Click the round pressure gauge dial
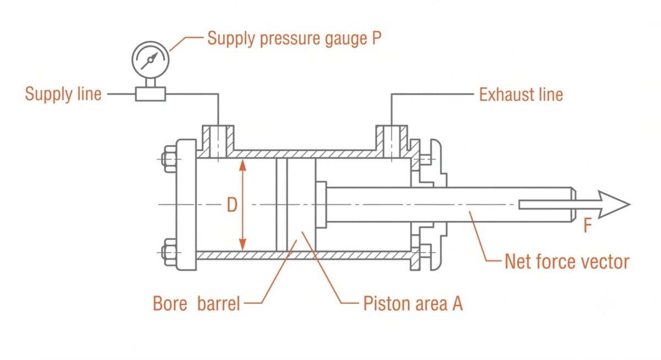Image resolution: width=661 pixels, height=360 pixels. tap(150, 60)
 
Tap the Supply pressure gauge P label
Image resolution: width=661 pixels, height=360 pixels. tap(294, 39)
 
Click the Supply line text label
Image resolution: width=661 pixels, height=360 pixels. tap(63, 94)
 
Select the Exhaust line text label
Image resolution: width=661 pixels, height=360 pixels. tap(521, 94)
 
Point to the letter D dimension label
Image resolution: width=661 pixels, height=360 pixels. tap(232, 205)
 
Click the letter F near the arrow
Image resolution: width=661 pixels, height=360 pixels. tap(588, 225)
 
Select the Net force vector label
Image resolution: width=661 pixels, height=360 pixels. tap(567, 261)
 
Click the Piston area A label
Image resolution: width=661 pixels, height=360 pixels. tap(413, 303)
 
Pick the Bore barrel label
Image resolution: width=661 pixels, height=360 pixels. tap(196, 303)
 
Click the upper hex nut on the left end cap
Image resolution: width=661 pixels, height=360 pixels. tap(170, 159)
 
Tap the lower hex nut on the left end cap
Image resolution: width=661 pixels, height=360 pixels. tap(170, 252)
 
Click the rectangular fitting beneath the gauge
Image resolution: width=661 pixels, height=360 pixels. tap(150, 94)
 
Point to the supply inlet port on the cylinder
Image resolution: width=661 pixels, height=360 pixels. tap(218, 141)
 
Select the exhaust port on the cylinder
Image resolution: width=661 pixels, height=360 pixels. tap(392, 141)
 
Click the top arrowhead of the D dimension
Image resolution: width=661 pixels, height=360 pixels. tap(242, 165)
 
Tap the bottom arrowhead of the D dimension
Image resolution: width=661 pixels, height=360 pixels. tap(242, 244)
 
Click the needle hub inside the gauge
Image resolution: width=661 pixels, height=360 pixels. tap(150, 60)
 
